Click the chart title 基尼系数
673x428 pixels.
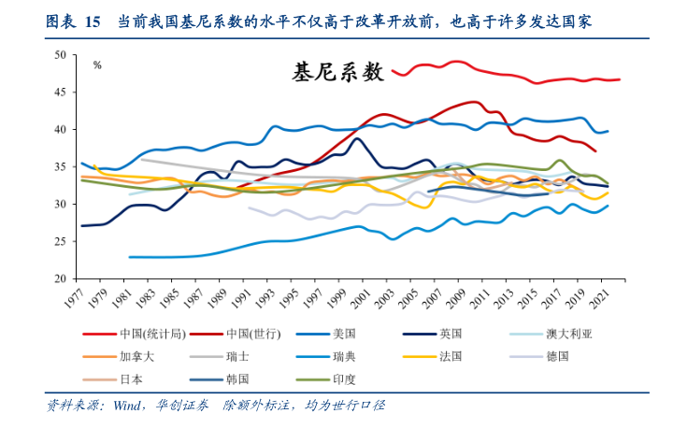pos(338,72)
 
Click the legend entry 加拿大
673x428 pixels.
pos(136,356)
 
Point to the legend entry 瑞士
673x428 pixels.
pos(238,356)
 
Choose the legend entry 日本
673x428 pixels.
pos(131,379)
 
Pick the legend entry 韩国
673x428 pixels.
pos(238,379)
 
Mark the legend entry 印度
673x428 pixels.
pos(345,379)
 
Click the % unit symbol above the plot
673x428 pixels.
pos(96,65)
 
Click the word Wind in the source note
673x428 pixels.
pos(127,406)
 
